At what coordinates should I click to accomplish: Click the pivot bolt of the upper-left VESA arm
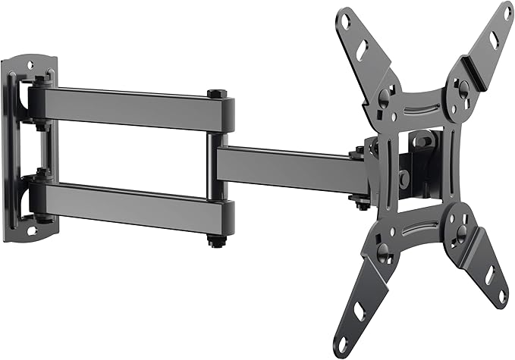tap(387, 95)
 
